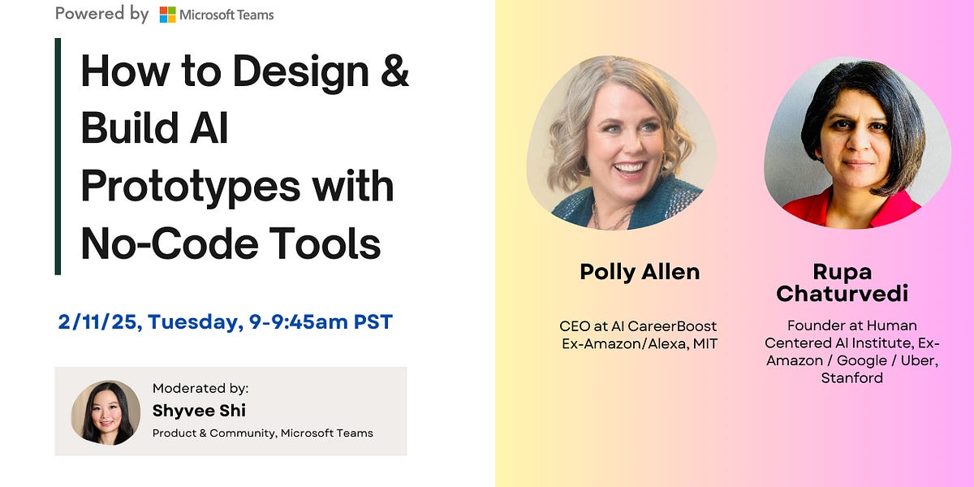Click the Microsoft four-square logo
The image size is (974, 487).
point(167,15)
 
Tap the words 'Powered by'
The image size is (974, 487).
point(101,14)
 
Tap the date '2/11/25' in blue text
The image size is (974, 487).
point(97,322)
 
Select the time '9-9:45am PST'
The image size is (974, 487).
point(321,322)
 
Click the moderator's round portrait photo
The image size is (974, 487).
point(106,412)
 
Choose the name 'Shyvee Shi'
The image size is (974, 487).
point(199,411)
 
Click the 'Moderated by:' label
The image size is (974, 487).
point(200,389)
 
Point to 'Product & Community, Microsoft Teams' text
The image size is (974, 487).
point(263,433)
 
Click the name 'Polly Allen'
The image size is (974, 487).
point(640,272)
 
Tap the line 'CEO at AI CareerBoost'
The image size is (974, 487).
point(638,326)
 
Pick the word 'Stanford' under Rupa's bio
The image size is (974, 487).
point(851,377)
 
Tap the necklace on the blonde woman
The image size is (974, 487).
point(613,218)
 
